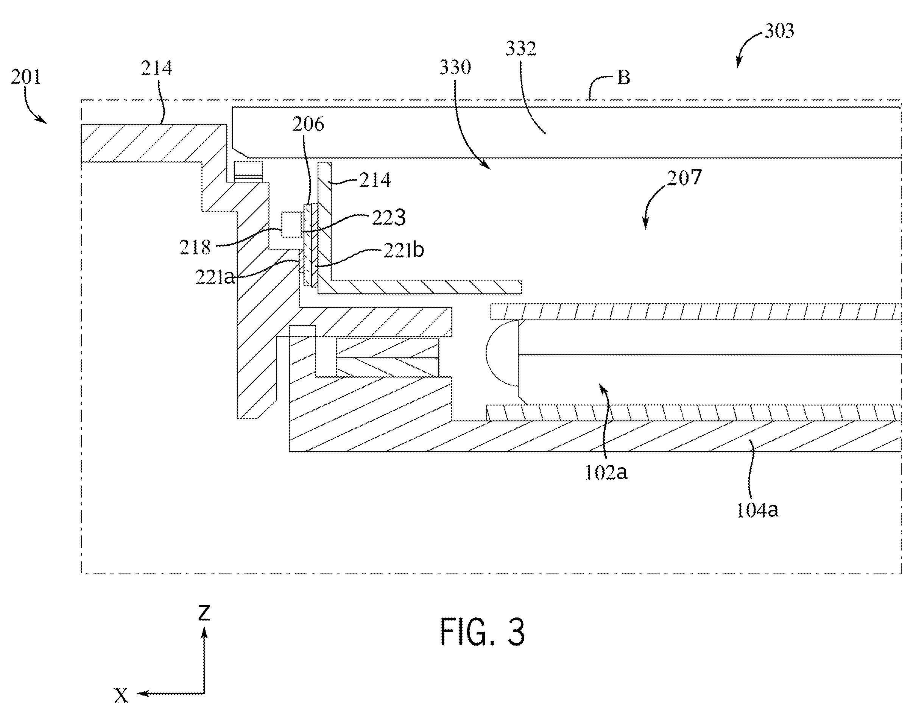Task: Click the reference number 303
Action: point(779,31)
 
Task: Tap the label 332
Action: point(521,49)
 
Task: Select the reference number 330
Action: point(455,67)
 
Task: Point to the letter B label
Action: point(624,78)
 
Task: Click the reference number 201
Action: point(26,78)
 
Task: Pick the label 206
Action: point(308,125)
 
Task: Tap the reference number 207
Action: point(684,178)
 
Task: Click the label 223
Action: point(389,218)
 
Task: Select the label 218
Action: point(195,247)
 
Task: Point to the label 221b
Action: point(404,249)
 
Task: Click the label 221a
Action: point(215,277)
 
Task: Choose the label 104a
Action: point(757,510)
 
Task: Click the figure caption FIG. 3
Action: point(482,632)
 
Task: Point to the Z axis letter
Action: point(204,612)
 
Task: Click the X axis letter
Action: point(121,695)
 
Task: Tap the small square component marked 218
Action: point(292,225)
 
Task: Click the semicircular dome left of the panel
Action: point(502,353)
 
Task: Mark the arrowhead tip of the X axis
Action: point(137,693)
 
